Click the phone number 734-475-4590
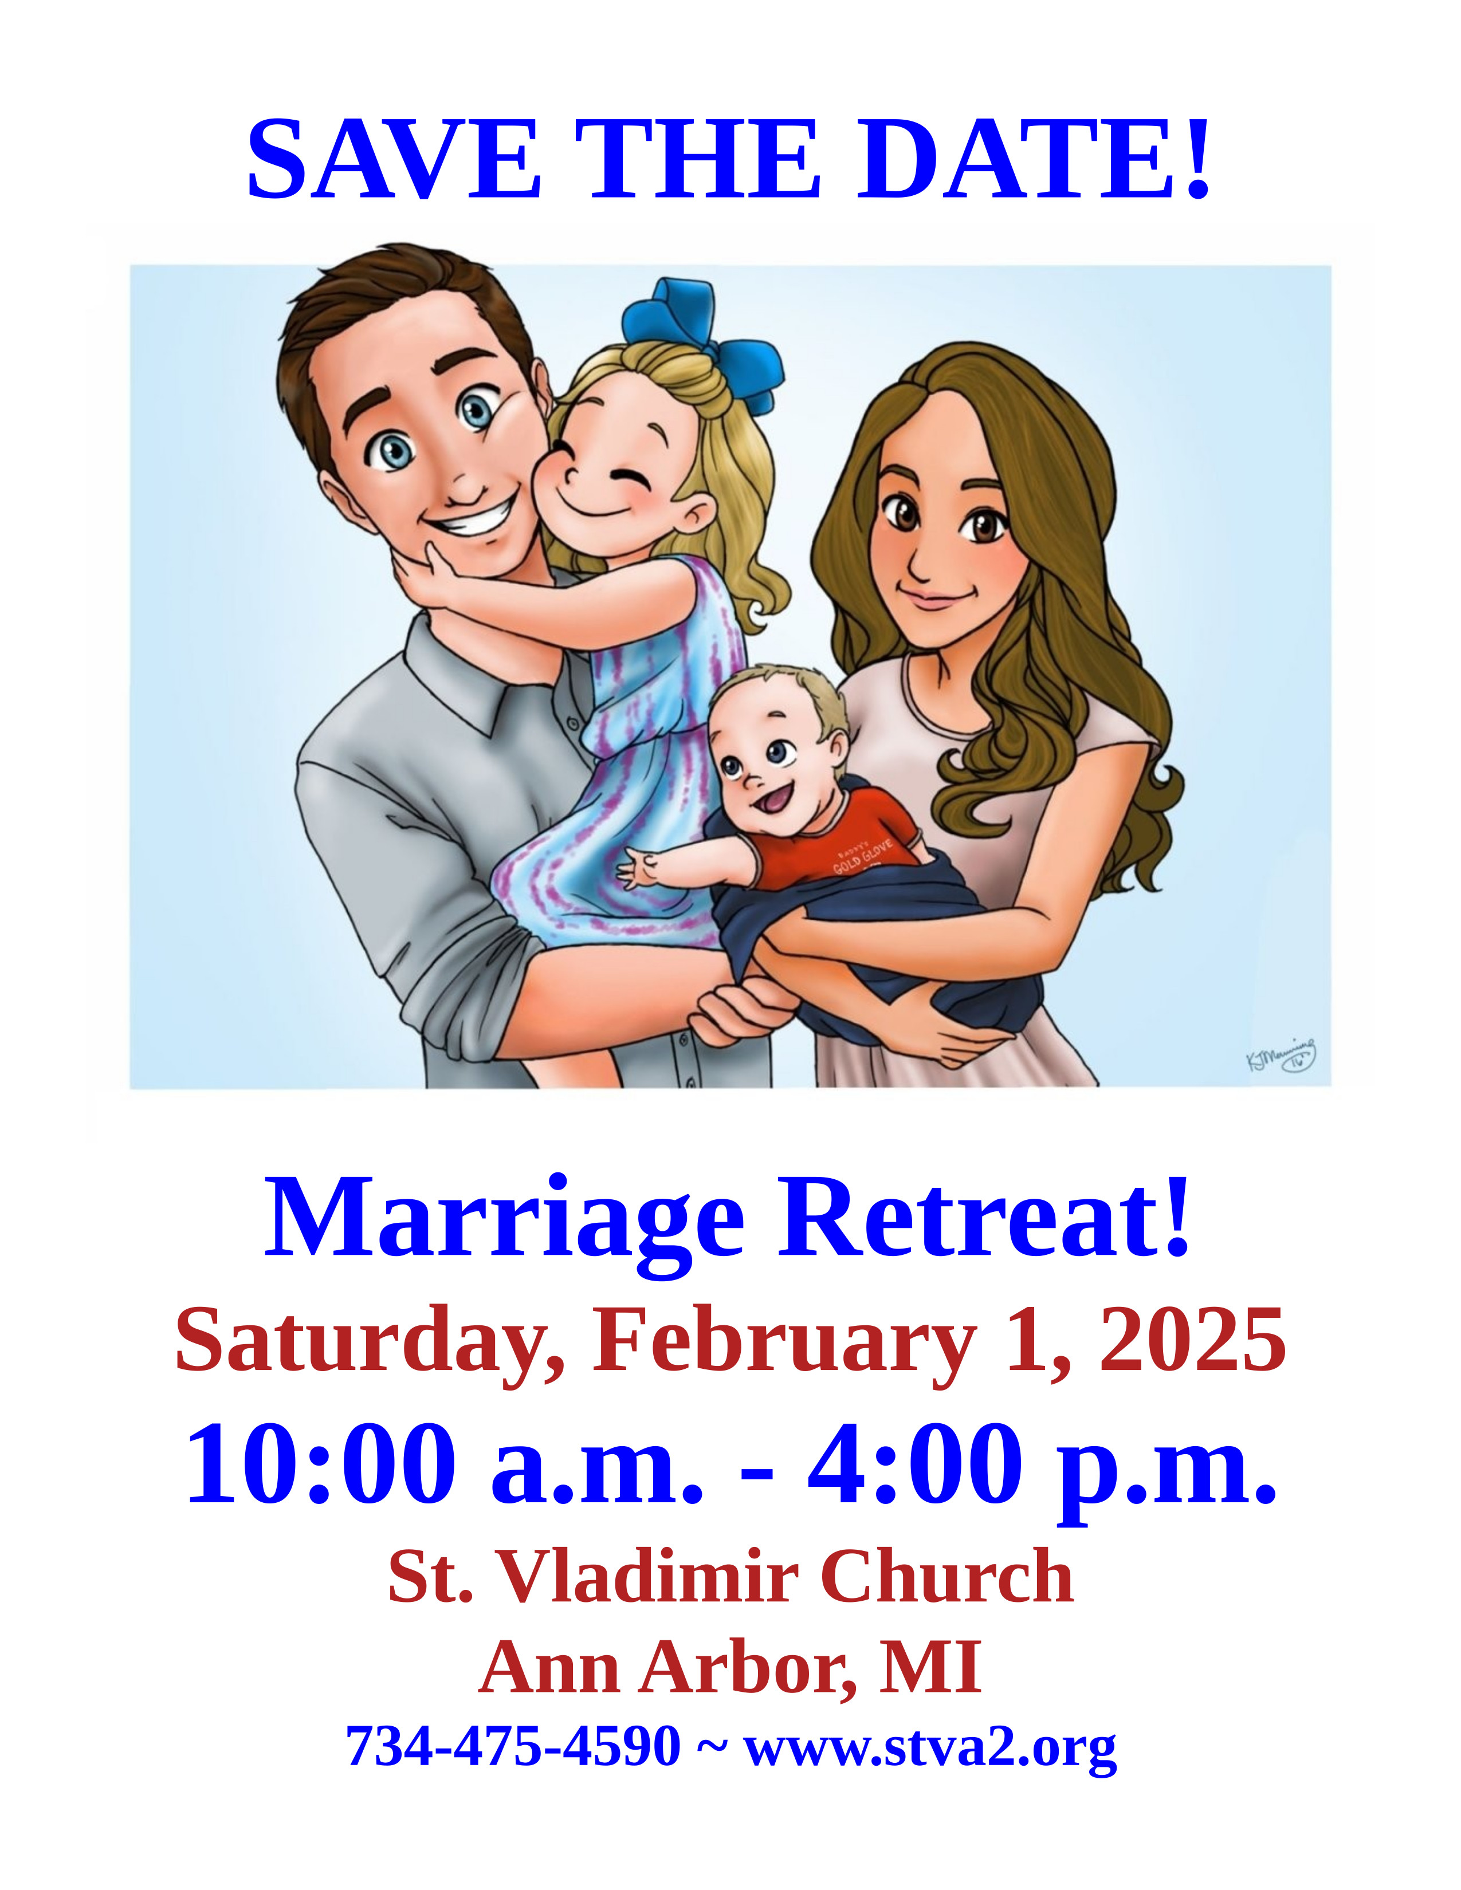coord(513,1746)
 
